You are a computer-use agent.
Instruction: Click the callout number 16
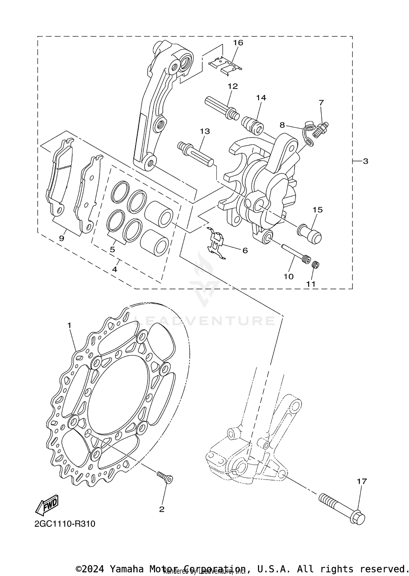pos(238,43)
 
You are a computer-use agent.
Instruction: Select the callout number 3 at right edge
pos(365,161)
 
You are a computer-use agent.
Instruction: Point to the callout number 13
pos(205,131)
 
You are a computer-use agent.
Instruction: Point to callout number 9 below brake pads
pos(62,238)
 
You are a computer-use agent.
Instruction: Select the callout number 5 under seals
pos(112,249)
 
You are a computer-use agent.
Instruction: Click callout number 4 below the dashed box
pos(115,269)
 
